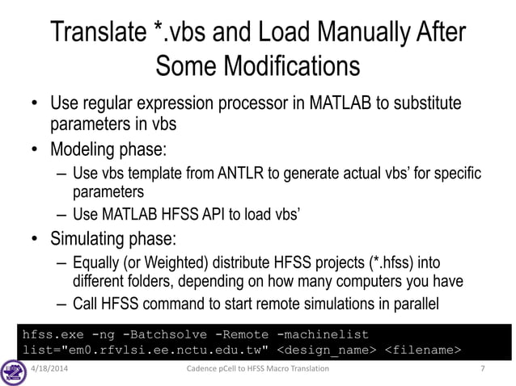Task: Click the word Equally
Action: pyautogui.click(x=100, y=264)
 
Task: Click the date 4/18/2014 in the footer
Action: pyautogui.click(x=53, y=370)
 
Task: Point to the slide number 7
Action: pyautogui.click(x=482, y=370)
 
